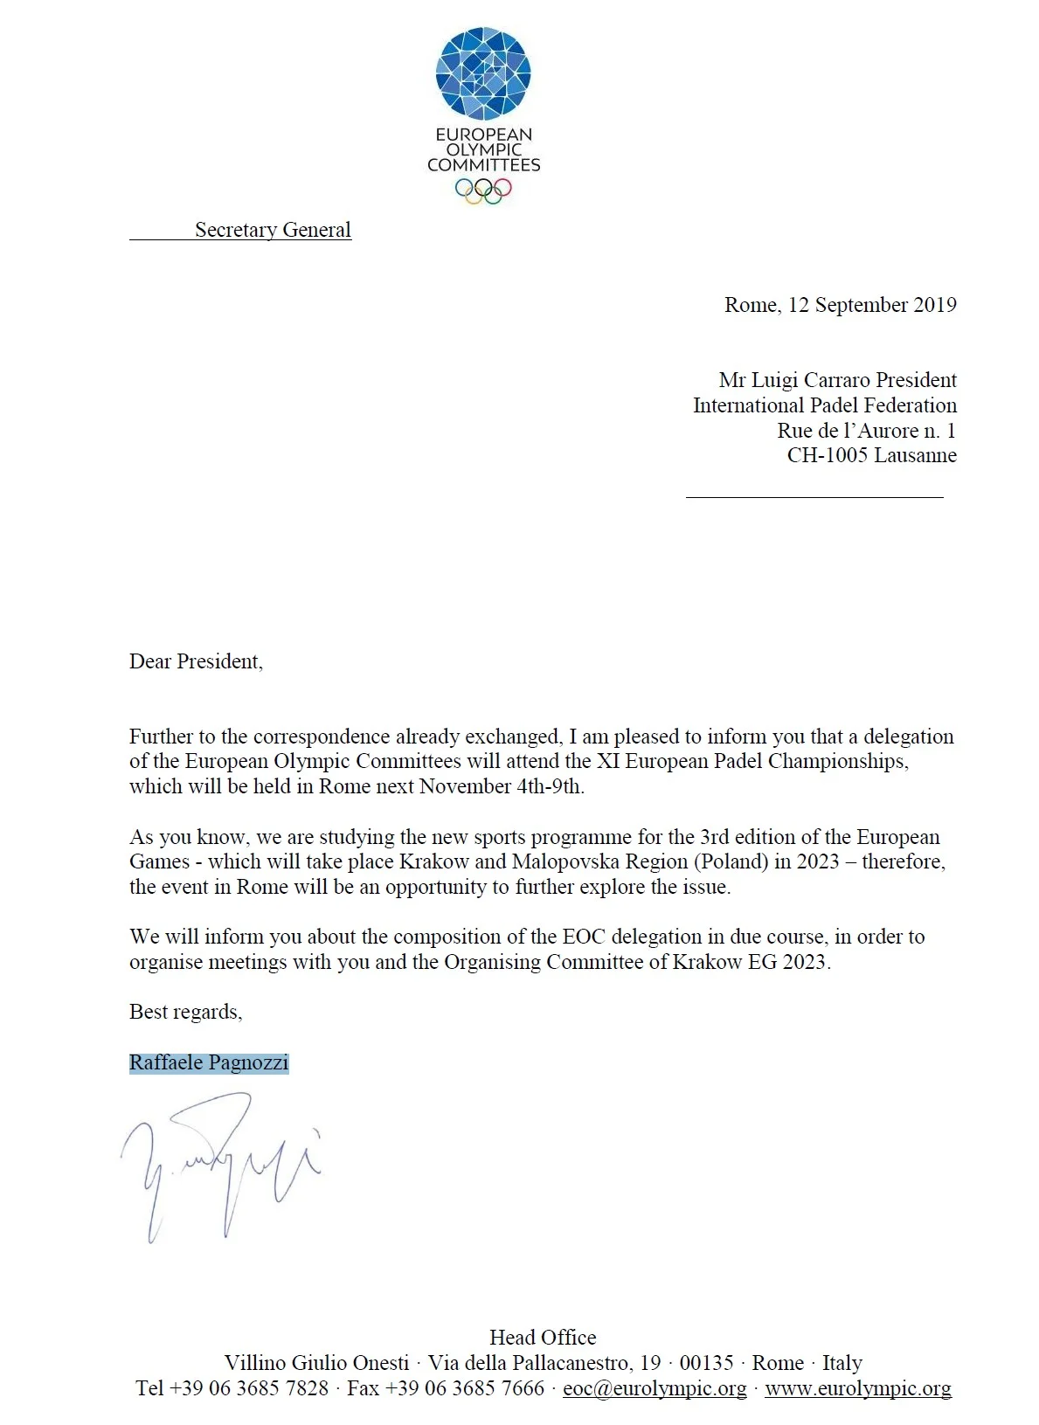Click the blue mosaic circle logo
tap(483, 73)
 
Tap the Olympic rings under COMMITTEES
tap(483, 190)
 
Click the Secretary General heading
tap(273, 230)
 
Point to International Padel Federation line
tap(824, 405)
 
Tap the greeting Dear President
tap(196, 661)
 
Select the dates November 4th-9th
tap(501, 786)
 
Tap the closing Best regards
tap(185, 1012)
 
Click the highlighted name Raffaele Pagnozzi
tap(209, 1062)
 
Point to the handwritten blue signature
tap(223, 1162)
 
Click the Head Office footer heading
tap(543, 1338)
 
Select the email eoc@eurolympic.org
tap(655, 1388)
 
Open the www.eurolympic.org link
tap(857, 1388)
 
